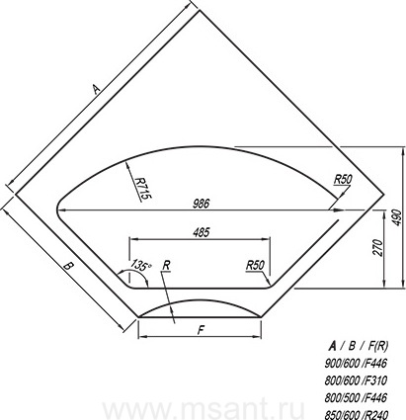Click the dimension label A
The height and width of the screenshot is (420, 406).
click(96, 89)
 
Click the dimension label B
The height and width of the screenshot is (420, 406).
click(68, 266)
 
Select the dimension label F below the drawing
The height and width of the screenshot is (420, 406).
click(201, 329)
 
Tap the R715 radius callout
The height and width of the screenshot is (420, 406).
click(143, 188)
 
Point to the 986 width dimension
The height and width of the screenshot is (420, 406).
click(201, 204)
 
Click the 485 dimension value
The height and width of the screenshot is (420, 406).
click(202, 233)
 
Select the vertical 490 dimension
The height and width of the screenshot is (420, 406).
click(397, 217)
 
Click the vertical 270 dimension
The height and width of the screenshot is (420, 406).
click(378, 248)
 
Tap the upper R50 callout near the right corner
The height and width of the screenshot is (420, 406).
click(343, 180)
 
